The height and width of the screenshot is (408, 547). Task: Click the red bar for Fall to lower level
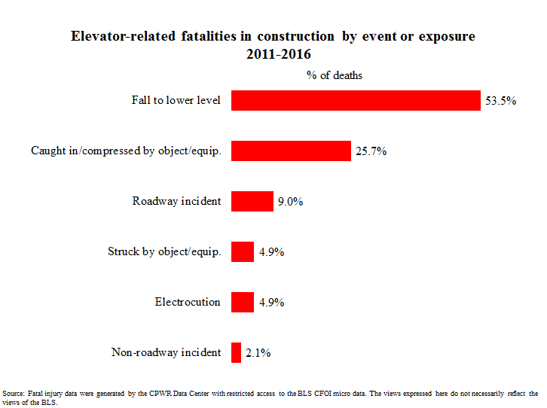(x=356, y=101)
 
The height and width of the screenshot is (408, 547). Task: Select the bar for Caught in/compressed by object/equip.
(x=291, y=151)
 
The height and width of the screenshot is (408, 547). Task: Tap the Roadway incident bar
(x=252, y=201)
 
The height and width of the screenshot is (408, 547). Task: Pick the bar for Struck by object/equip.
(x=242, y=251)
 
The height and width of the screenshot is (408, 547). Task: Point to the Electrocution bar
(x=242, y=302)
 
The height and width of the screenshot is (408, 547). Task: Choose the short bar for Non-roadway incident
(x=236, y=352)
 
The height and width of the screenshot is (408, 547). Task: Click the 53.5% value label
(x=500, y=101)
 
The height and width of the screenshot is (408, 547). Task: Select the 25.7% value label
(x=371, y=151)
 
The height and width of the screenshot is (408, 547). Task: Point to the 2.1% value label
(x=258, y=352)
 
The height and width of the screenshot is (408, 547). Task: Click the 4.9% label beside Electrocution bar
(x=271, y=302)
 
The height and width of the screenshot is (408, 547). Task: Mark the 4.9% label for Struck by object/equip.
(x=271, y=251)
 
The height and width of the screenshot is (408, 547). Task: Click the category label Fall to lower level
(x=176, y=101)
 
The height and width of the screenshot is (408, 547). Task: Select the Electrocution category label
(x=188, y=302)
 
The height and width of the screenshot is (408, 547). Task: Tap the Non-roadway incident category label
(x=166, y=352)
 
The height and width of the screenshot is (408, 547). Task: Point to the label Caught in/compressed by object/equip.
(x=126, y=151)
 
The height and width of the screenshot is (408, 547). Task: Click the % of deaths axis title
(x=335, y=75)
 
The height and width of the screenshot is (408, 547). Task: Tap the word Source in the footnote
(x=13, y=393)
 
